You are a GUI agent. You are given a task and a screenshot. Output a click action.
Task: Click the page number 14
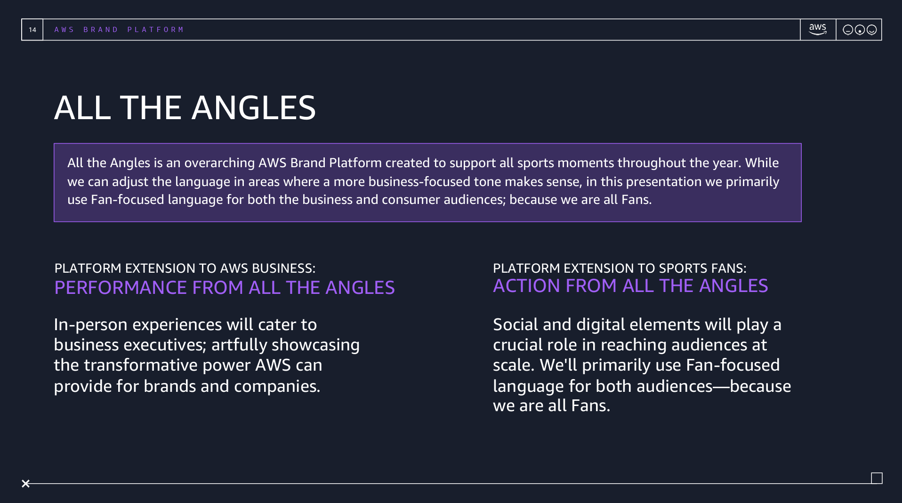[32, 30]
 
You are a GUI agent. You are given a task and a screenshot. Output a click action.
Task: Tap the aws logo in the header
[818, 29]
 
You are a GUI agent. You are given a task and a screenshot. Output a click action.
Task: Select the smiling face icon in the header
[871, 30]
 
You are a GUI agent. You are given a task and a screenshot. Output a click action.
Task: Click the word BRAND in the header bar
[100, 30]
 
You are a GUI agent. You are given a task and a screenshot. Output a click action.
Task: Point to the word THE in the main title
[151, 108]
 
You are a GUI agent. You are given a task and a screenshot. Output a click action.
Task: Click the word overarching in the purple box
[219, 163]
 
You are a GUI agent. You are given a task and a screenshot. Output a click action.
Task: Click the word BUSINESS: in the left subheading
[283, 268]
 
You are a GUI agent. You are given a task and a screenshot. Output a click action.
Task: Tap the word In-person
[90, 325]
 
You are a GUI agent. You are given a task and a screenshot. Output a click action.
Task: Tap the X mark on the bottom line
[26, 484]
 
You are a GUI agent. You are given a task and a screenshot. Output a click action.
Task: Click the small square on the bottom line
[877, 478]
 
